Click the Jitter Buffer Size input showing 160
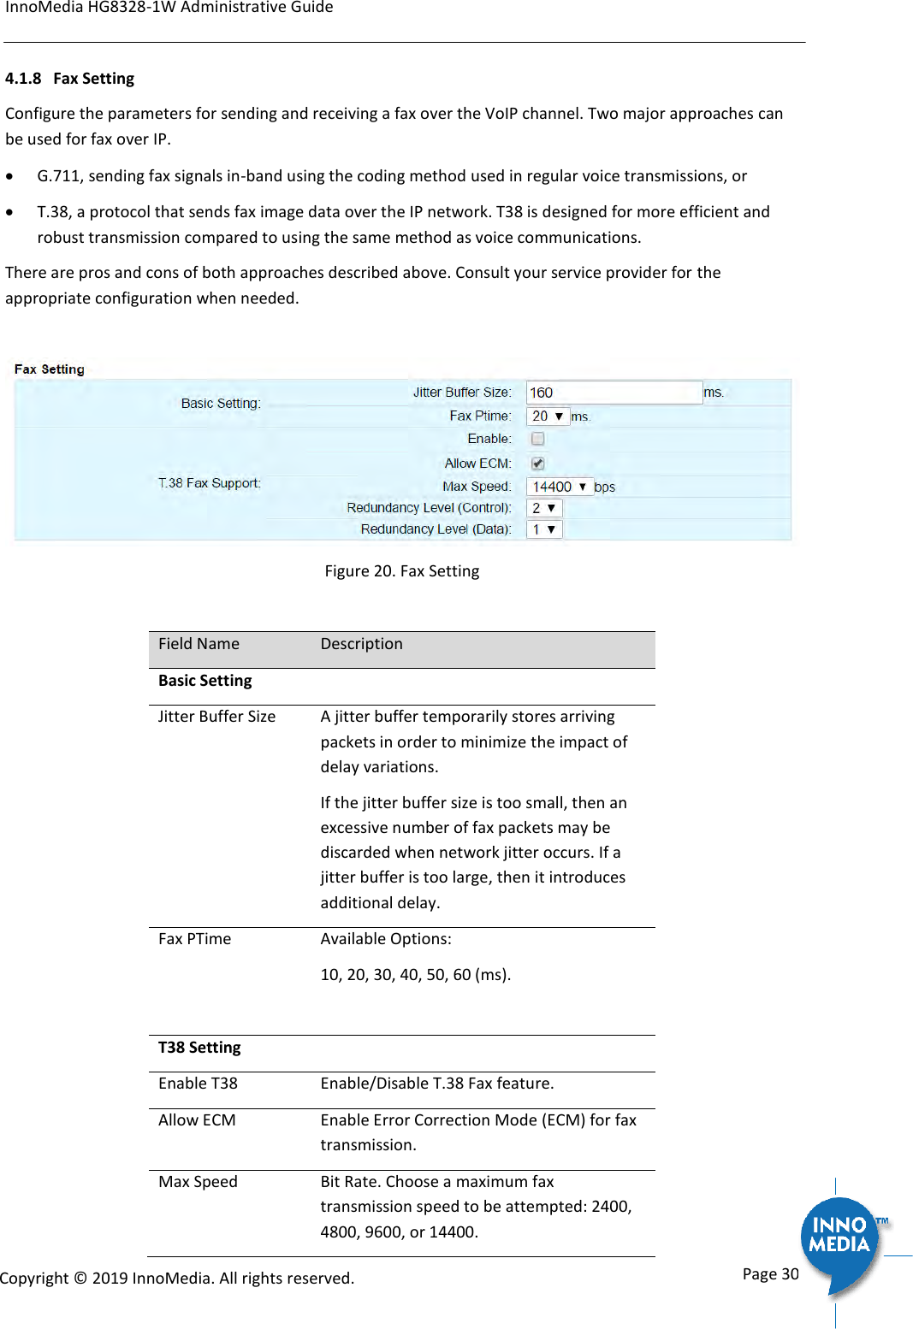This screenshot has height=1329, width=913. point(614,393)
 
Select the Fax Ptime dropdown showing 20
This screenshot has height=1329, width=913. point(548,416)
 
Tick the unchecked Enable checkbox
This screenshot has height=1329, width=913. point(538,439)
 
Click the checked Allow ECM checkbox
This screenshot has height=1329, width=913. point(538,464)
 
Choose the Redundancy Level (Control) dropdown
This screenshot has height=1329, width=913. point(544,508)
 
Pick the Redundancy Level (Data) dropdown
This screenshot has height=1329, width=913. point(544,529)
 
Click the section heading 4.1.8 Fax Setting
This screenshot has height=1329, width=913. point(70,79)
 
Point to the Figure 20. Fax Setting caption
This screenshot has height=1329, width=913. point(401,571)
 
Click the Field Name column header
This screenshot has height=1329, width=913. point(199,644)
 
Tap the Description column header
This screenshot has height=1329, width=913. point(361,644)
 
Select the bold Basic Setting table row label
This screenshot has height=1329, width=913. point(205,681)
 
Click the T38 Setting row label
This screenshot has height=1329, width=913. point(199,1048)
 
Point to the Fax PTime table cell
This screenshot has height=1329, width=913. point(194,939)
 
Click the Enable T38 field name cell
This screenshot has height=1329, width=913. point(198,1084)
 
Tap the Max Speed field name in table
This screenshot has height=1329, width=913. point(198,1182)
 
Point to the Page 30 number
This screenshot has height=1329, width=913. point(770,1274)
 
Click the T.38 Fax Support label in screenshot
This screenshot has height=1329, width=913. point(210,483)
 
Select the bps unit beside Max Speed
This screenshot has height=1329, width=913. point(604,487)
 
